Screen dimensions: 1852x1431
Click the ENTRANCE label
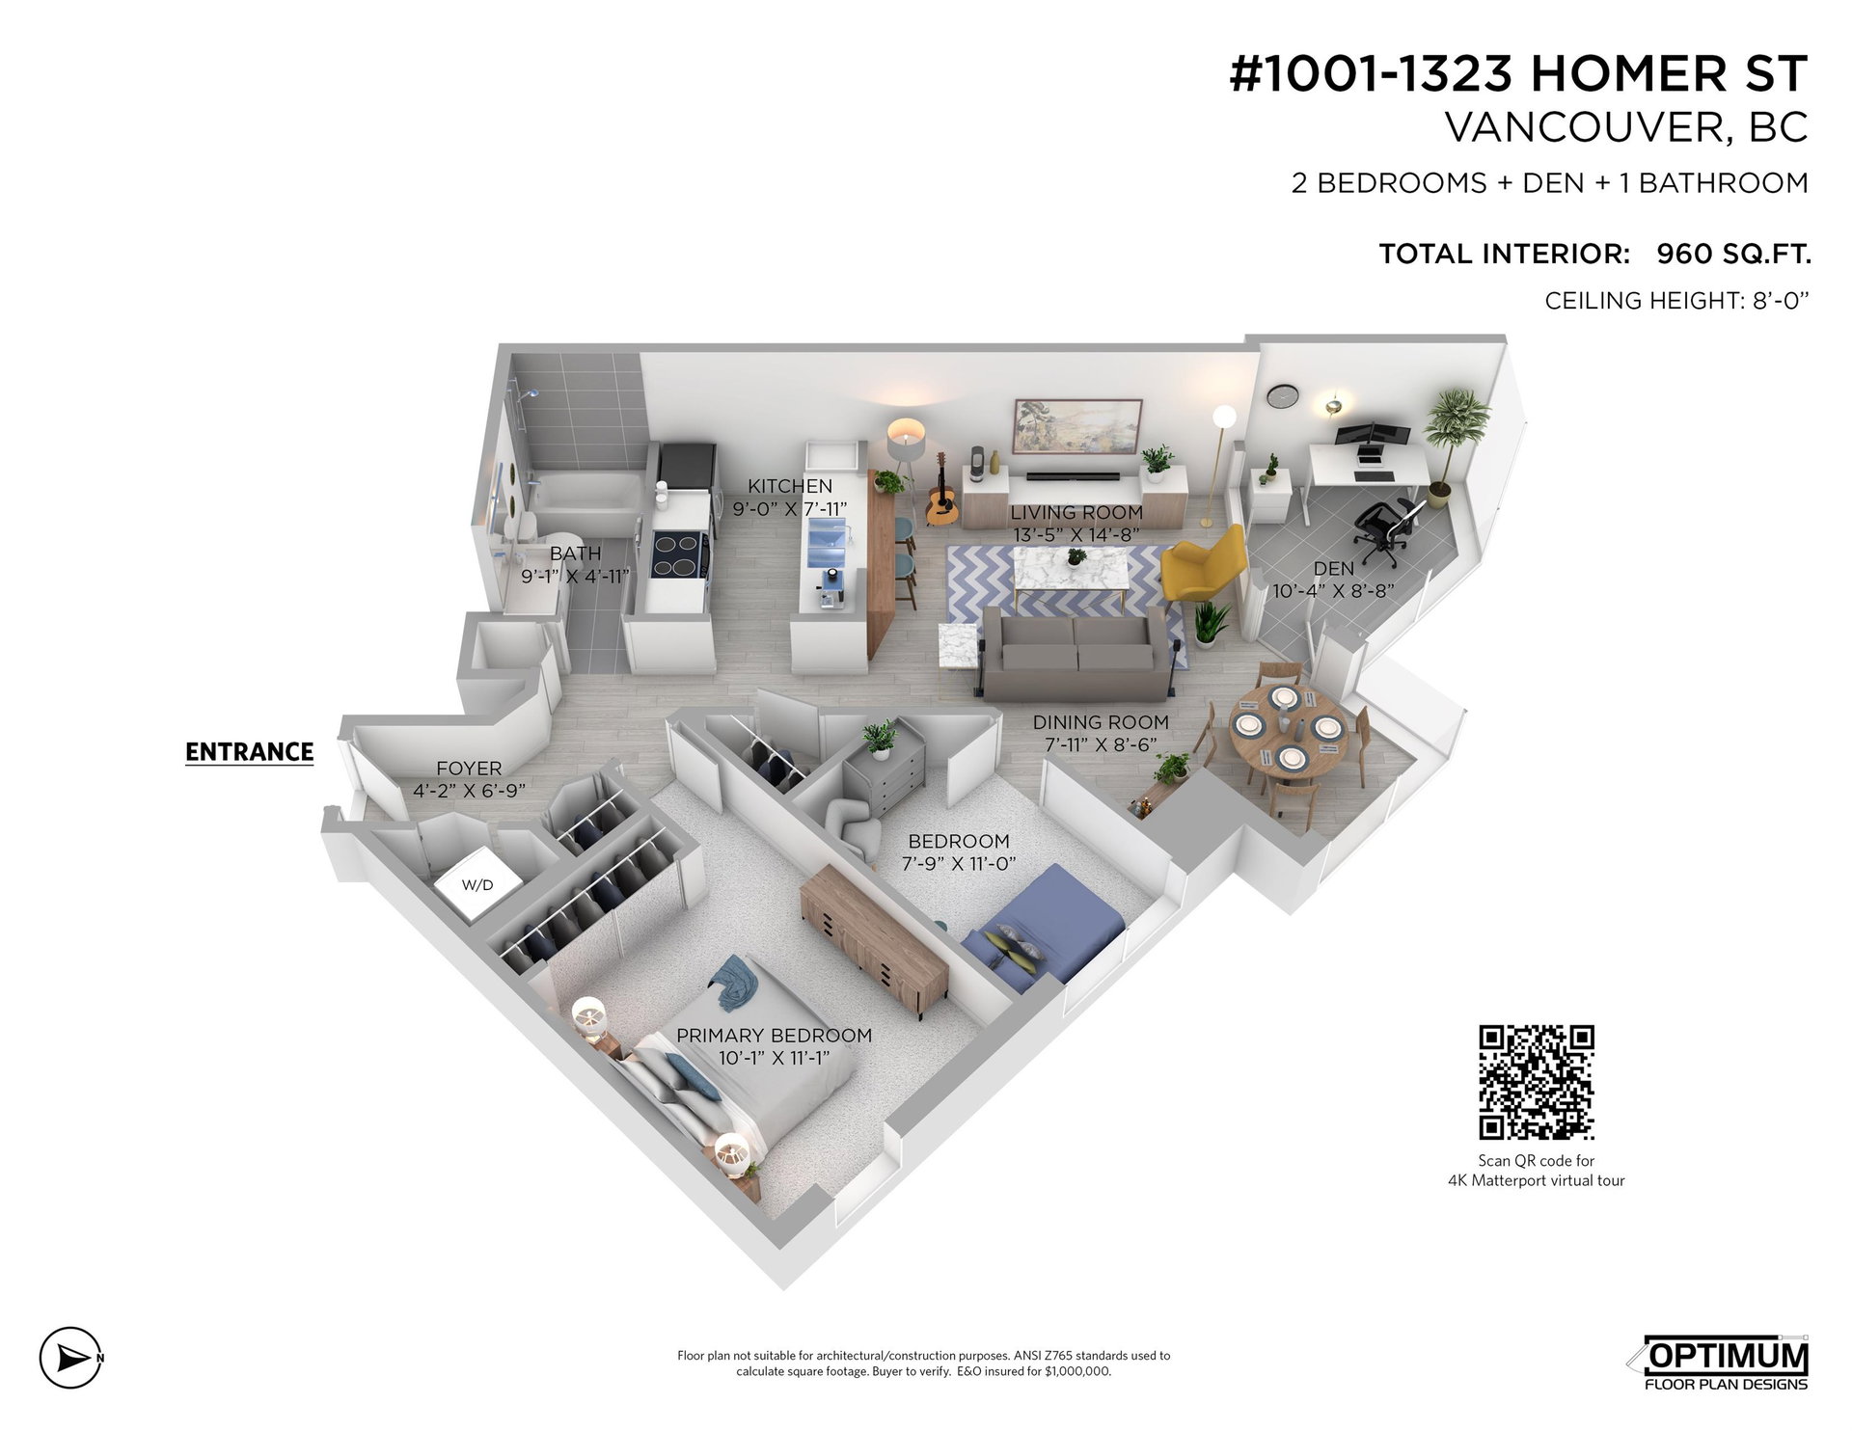pyautogui.click(x=249, y=752)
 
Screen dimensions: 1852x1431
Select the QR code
pyautogui.click(x=1537, y=1082)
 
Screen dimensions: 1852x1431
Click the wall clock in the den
pyautogui.click(x=1281, y=394)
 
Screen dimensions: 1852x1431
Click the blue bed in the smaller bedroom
pyautogui.click(x=1048, y=927)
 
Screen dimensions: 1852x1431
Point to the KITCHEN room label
pyautogui.click(x=790, y=486)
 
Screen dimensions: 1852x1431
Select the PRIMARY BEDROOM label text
pyautogui.click(x=774, y=1036)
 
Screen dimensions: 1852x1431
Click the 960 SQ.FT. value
pyautogui.click(x=1733, y=254)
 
